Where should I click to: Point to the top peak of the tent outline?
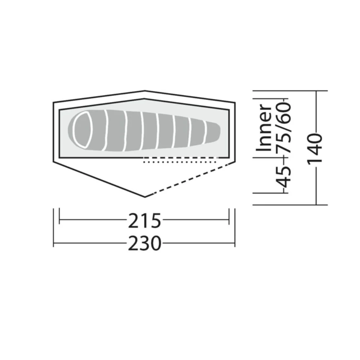(145, 91)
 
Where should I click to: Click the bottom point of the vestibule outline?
(145, 197)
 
